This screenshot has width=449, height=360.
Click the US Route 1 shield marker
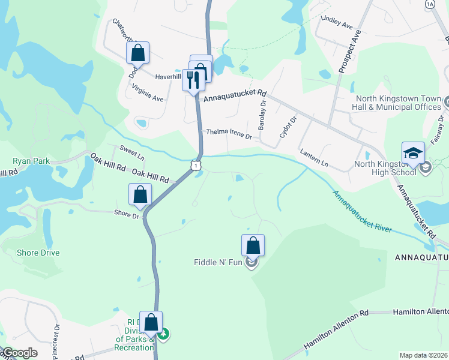tap(196, 166)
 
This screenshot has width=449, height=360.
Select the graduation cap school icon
tap(413, 154)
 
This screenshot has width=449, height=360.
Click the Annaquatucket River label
tap(363, 212)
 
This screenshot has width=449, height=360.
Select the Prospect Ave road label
tap(348, 53)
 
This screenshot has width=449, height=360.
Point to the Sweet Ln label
tap(132, 152)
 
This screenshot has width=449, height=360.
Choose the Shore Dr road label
tap(127, 212)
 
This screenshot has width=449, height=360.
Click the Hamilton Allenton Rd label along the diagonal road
tap(336, 331)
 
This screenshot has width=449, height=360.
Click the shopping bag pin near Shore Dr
tap(140, 195)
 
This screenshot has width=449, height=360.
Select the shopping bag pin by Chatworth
tap(138, 53)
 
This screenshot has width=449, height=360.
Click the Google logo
tap(19, 353)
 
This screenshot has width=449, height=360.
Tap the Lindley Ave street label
tap(337, 22)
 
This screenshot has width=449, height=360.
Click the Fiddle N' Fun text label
tap(218, 262)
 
